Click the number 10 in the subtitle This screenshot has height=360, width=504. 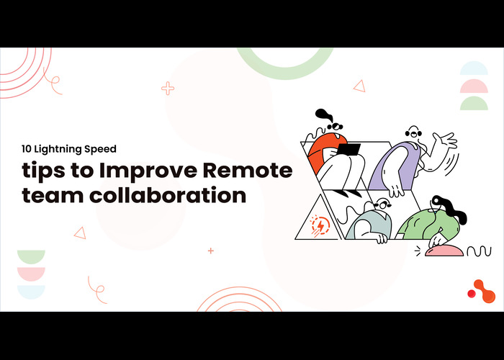[x=27, y=149]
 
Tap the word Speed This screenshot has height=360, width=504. [x=100, y=150]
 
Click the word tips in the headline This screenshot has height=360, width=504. [x=44, y=171]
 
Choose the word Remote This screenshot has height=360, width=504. [x=248, y=171]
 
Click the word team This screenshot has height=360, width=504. [x=53, y=195]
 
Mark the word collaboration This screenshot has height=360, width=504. [x=168, y=194]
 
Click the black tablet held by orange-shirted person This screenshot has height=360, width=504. [x=348, y=150]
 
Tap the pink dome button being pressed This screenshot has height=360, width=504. [x=444, y=251]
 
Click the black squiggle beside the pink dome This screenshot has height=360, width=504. [x=479, y=251]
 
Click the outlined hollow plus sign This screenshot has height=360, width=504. [x=168, y=89]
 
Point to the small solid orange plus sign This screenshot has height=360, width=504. [x=211, y=251]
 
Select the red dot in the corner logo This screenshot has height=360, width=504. [x=472, y=294]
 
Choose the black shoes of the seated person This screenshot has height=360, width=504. [x=347, y=193]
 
